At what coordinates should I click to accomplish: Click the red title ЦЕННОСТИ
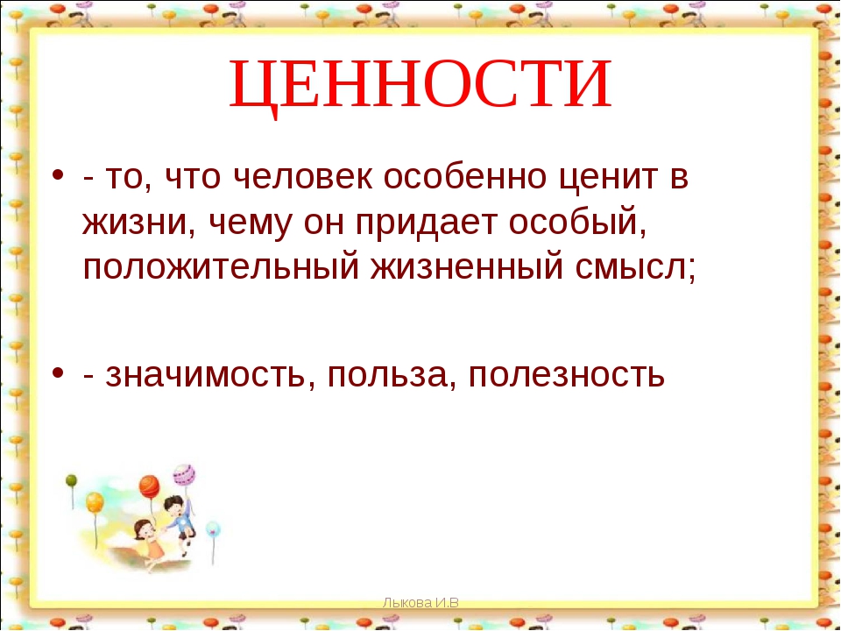(420, 85)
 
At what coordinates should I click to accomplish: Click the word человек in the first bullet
(303, 176)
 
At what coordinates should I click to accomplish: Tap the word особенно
(465, 176)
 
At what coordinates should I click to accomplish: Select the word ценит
(608, 178)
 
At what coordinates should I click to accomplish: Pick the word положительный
(221, 267)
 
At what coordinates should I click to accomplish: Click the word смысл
(632, 267)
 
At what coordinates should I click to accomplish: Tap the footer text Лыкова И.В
(420, 603)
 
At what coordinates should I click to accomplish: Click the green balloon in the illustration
(71, 481)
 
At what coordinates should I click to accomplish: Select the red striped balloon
(149, 486)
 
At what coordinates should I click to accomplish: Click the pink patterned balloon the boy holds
(184, 475)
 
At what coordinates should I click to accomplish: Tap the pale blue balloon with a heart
(213, 528)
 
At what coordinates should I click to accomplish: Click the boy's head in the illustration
(173, 506)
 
